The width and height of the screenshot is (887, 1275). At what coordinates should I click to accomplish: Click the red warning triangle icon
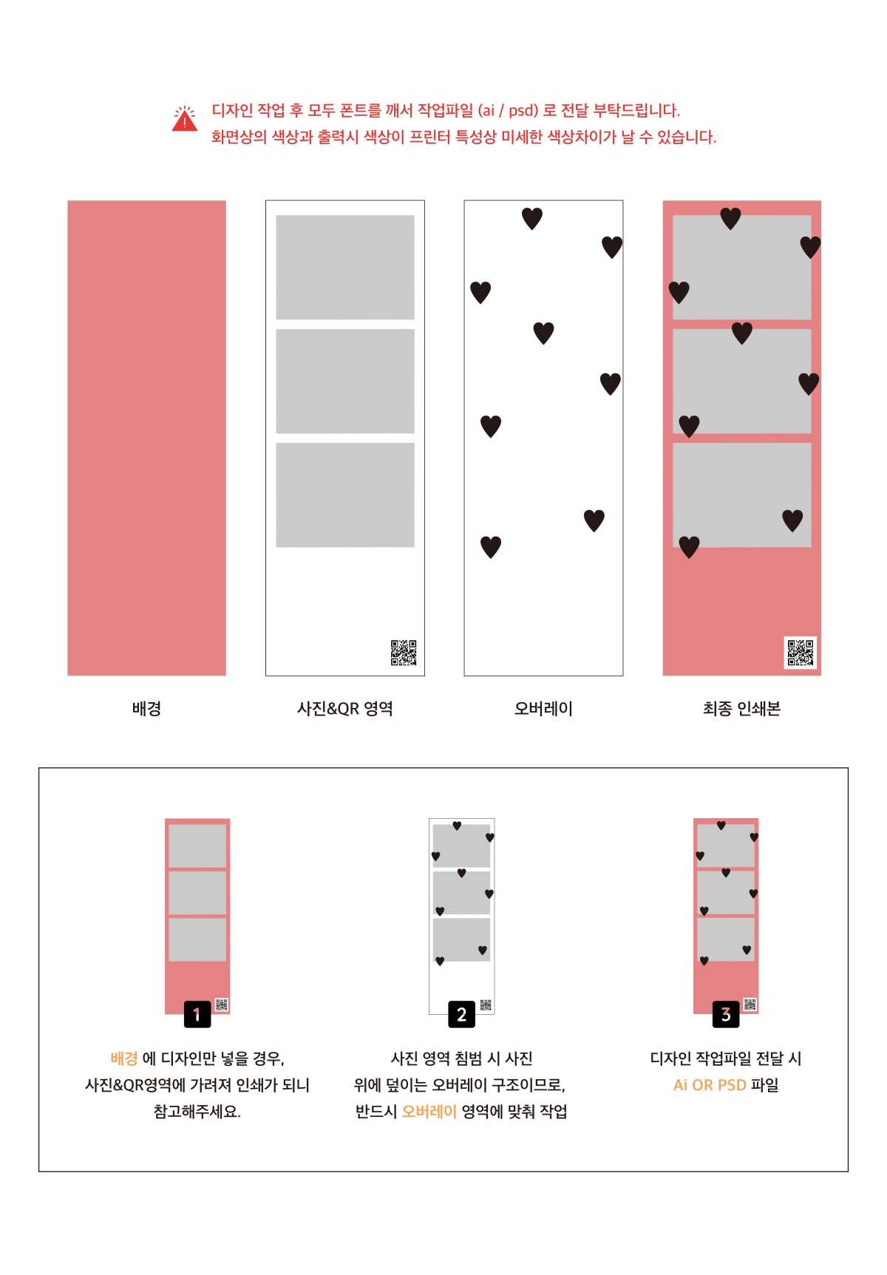(x=185, y=120)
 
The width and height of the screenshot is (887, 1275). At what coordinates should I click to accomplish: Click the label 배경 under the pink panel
(x=146, y=709)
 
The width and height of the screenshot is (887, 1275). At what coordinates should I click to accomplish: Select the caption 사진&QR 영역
(x=345, y=709)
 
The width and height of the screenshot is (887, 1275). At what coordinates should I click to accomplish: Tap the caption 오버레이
(x=543, y=709)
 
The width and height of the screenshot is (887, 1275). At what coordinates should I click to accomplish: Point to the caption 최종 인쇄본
(x=741, y=709)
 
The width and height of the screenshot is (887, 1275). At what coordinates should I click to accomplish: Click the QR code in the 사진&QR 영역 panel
(x=404, y=653)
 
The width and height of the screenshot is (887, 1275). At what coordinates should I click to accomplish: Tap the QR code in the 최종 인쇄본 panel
(x=801, y=653)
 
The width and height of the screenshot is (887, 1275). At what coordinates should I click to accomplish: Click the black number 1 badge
(x=197, y=1015)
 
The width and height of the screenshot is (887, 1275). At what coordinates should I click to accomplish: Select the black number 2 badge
(x=461, y=1015)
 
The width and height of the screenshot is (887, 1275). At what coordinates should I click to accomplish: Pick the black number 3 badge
(x=726, y=1015)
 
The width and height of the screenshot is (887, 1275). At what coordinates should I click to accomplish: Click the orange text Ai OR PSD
(x=710, y=1085)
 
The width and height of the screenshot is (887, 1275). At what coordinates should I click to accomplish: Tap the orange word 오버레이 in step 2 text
(x=429, y=1112)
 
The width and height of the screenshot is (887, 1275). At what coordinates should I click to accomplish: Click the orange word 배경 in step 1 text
(x=124, y=1058)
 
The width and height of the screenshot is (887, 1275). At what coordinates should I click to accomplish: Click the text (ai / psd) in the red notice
(x=508, y=111)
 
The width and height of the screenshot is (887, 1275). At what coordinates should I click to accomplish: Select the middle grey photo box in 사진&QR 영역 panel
(x=345, y=381)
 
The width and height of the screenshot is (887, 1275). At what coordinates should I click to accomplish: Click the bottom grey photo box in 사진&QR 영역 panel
(x=345, y=495)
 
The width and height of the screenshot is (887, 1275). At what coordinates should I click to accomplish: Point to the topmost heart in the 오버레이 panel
(x=532, y=218)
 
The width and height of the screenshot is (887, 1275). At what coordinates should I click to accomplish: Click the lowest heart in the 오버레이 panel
(x=491, y=547)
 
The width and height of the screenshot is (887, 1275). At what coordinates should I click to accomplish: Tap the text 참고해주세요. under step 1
(x=197, y=1112)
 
